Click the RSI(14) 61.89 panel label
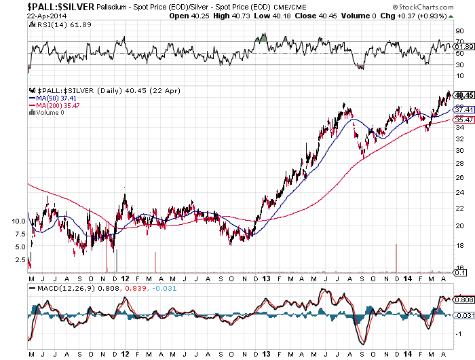coord(55,24)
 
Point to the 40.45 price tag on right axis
coord(463,95)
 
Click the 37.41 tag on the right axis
coord(463,109)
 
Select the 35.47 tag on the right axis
coord(463,120)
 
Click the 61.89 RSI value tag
coord(463,46)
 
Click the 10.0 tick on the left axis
coord(18,221)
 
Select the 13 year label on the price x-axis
coord(267,278)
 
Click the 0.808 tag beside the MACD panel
coord(463,300)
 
